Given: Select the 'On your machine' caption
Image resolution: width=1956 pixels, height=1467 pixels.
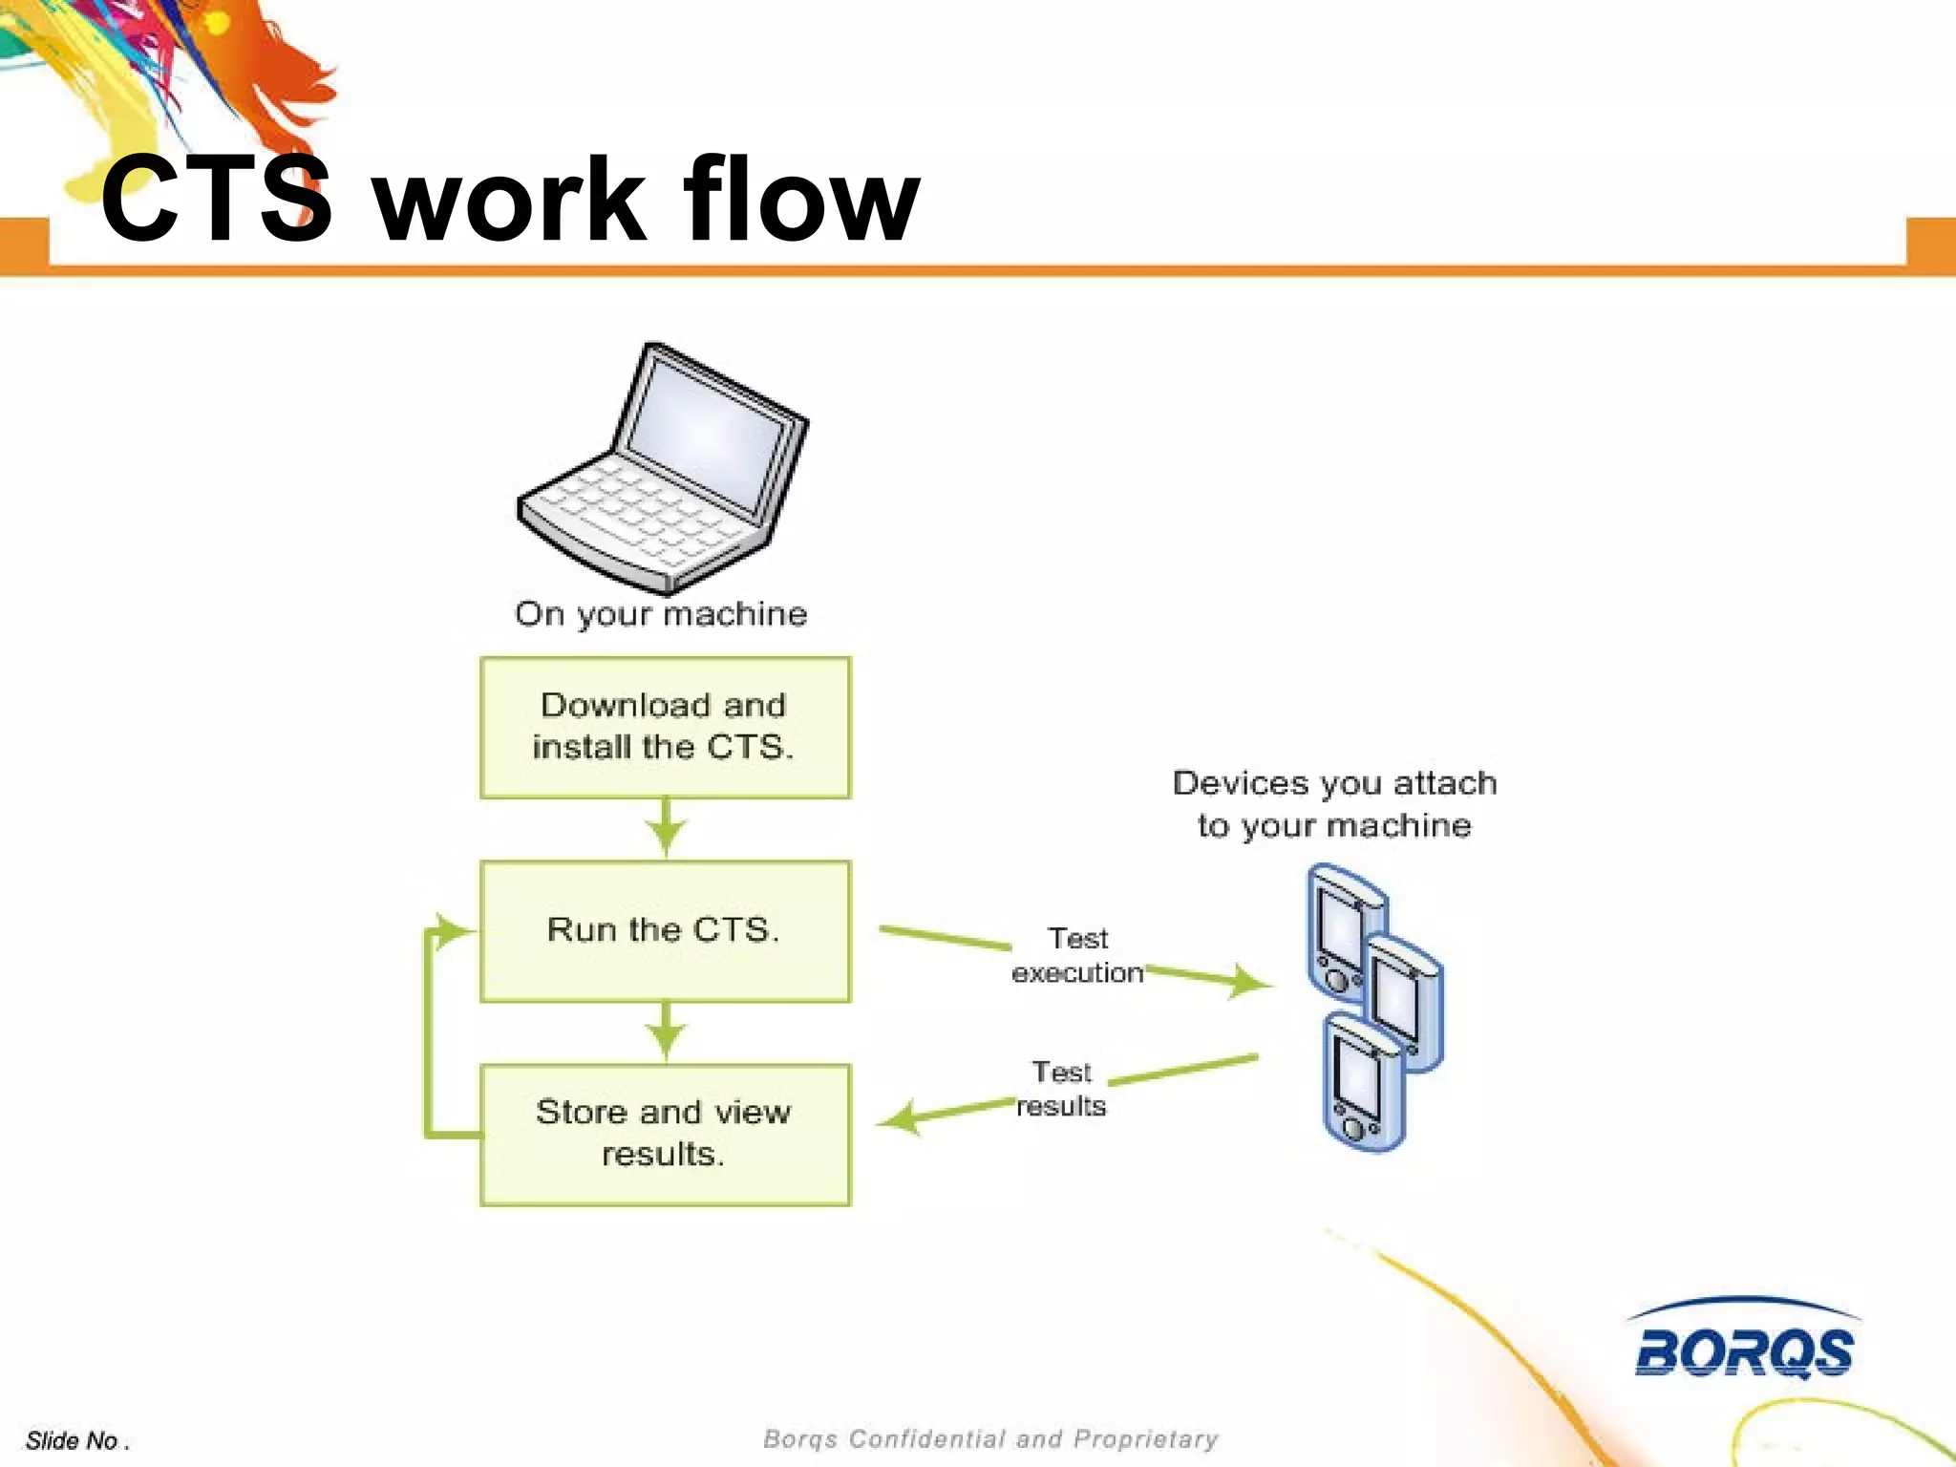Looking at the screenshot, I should [x=661, y=614].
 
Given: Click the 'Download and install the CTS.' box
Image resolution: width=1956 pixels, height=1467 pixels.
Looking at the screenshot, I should [x=665, y=727].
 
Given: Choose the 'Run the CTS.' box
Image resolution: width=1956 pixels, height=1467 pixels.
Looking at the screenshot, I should [x=665, y=931].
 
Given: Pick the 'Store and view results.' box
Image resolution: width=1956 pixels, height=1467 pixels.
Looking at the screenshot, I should [x=665, y=1135].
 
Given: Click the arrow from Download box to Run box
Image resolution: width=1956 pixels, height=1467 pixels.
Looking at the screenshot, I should [x=666, y=828].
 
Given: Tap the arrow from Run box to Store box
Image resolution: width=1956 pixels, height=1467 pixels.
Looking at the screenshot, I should [x=666, y=1031].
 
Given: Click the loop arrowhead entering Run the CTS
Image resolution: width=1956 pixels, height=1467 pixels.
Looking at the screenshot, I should [x=451, y=930].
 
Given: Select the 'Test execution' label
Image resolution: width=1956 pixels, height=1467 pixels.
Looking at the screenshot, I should [x=1077, y=955].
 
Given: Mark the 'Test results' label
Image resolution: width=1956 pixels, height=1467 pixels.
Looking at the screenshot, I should [x=1061, y=1089].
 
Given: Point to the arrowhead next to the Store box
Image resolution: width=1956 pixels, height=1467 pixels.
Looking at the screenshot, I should [x=900, y=1118].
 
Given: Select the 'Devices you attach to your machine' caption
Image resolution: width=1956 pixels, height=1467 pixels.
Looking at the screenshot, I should [x=1334, y=804].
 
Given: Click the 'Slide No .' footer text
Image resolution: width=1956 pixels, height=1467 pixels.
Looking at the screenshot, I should [x=76, y=1440].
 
